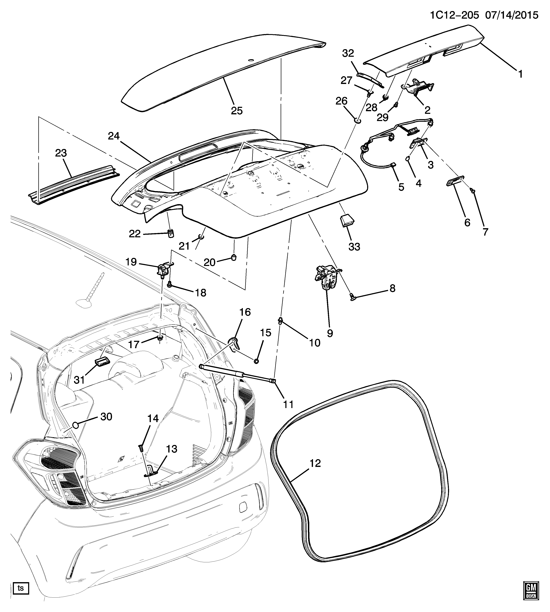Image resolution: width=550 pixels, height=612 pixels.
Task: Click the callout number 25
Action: [x=237, y=111]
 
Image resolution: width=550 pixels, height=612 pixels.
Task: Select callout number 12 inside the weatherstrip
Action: [x=315, y=463]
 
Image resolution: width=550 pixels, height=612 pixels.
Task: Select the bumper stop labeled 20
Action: [x=234, y=257]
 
